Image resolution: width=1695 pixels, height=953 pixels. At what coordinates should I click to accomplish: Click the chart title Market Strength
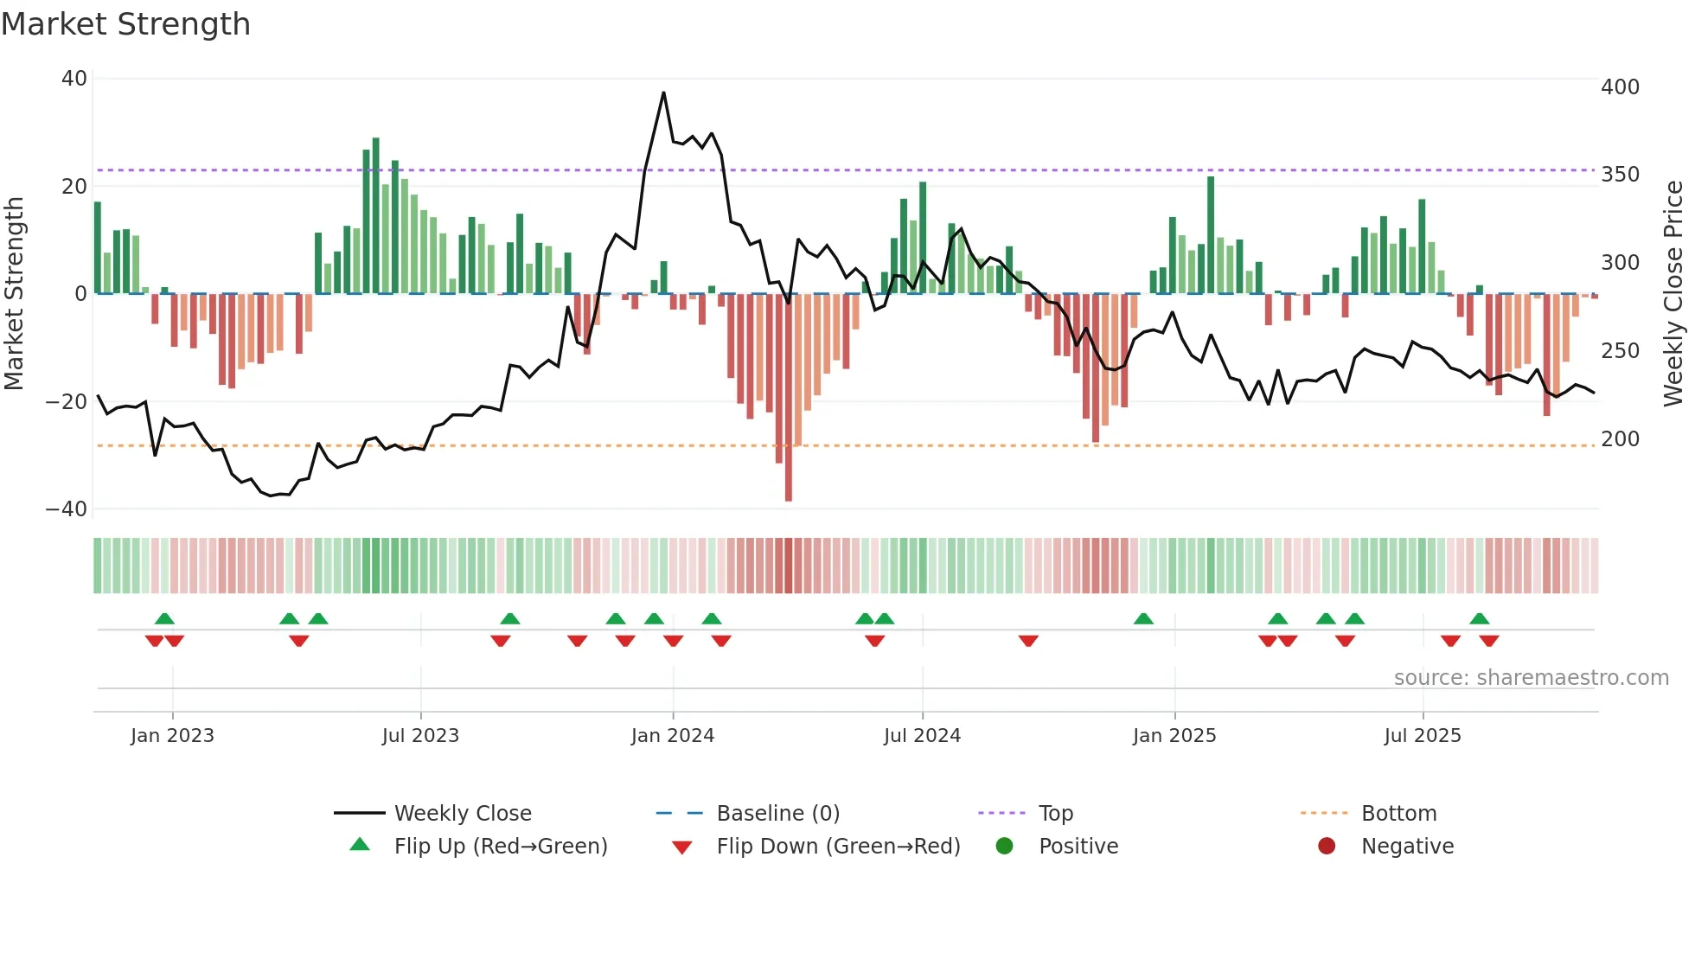tap(125, 24)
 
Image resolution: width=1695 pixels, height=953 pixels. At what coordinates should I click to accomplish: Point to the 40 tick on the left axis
tap(74, 79)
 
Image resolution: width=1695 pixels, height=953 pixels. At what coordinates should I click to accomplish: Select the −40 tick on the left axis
tap(67, 509)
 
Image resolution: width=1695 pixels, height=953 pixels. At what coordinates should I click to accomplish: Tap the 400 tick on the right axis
tap(1620, 87)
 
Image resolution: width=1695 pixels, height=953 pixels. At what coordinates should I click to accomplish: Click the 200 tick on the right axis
tap(1620, 439)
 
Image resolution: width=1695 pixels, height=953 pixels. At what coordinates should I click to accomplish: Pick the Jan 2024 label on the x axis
tap(672, 736)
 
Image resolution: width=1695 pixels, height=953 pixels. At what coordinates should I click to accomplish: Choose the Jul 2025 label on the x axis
tap(1422, 736)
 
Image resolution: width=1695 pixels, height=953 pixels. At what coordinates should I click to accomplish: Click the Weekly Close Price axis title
tap(1673, 294)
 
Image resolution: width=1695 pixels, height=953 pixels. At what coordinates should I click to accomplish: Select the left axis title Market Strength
tap(15, 294)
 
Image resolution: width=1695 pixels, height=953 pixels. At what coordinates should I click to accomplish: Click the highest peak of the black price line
tap(663, 93)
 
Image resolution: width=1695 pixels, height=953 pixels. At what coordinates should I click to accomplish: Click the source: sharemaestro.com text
tap(1531, 678)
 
